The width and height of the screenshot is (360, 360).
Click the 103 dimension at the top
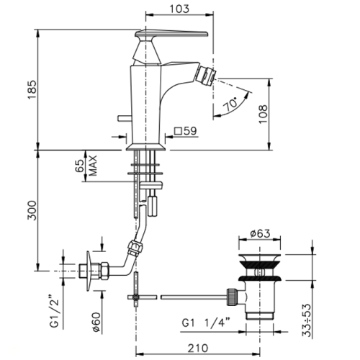coord(179,9)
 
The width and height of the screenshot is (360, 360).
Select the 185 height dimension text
coord(32,89)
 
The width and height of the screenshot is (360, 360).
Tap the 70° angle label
coord(230,104)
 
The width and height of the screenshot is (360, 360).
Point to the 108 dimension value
coord(264,114)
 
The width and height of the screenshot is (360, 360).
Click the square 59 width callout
coord(186,131)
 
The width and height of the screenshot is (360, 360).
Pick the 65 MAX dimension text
coord(86,166)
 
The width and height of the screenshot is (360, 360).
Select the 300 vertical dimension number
coord(32,210)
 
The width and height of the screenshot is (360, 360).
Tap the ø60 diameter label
coord(96,322)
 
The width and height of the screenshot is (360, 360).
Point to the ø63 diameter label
coord(260,233)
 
